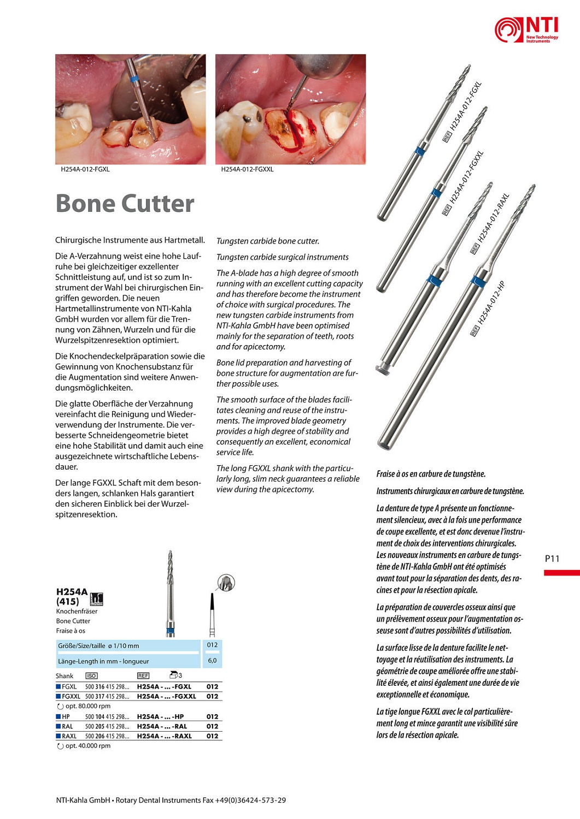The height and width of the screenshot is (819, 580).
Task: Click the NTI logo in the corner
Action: (526, 29)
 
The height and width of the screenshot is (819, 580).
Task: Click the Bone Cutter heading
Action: (125, 204)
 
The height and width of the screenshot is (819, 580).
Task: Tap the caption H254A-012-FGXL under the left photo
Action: (85, 169)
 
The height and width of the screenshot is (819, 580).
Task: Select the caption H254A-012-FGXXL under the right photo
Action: (247, 169)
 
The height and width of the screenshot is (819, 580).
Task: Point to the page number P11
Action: (552, 559)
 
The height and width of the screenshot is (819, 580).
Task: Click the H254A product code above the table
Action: (72, 592)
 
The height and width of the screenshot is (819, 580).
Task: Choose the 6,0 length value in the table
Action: (212, 660)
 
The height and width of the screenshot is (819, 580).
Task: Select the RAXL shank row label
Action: (69, 736)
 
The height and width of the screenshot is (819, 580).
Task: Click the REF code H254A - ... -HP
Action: (160, 716)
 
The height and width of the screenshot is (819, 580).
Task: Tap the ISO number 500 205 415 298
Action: (107, 726)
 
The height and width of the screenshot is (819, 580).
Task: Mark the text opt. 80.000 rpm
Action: (87, 706)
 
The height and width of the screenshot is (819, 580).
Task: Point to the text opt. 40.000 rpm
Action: (87, 746)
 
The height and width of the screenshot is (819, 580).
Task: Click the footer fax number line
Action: (171, 800)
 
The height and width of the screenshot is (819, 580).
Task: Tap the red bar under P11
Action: (561, 573)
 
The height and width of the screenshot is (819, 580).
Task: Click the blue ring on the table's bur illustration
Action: (171, 632)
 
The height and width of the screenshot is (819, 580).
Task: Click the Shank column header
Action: (65, 676)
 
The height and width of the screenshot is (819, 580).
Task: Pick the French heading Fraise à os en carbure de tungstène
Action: (431, 474)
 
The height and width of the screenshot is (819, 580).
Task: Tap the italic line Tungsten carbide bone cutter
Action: (268, 241)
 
